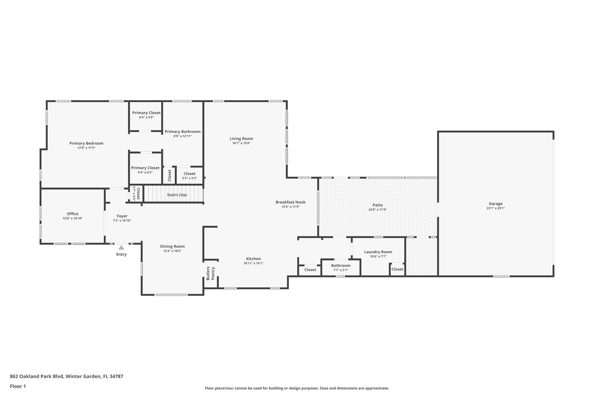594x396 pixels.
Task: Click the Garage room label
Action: click(495, 204)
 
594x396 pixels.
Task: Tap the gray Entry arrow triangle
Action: click(121, 247)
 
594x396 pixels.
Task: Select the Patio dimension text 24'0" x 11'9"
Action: click(377, 209)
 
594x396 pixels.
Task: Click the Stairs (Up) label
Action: click(177, 195)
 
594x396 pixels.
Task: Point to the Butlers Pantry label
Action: click(211, 273)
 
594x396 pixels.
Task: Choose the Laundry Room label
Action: click(378, 252)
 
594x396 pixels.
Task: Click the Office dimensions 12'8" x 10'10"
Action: click(73, 218)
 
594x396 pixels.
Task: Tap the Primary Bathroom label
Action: click(182, 131)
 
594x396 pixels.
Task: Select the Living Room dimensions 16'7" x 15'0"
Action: click(241, 143)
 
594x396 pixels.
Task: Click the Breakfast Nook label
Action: click(290, 202)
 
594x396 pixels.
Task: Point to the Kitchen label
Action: click(253, 259)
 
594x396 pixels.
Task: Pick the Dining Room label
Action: click(172, 247)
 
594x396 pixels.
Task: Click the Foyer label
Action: click(122, 216)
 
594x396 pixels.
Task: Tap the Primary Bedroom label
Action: click(86, 143)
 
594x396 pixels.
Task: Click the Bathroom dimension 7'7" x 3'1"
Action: click(341, 270)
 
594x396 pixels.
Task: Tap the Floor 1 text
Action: click(18, 386)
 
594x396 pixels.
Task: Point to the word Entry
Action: click(122, 254)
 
